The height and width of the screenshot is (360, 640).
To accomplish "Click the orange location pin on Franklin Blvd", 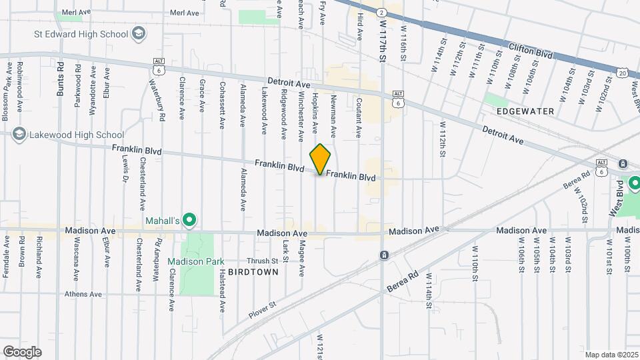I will pos(320,159).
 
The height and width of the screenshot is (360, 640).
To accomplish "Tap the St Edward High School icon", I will pos(139,33).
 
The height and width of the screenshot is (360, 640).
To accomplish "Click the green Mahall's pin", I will pos(189,219).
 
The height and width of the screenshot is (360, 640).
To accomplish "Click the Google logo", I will pos(22,351).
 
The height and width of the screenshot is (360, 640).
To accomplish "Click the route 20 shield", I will pos(621,72).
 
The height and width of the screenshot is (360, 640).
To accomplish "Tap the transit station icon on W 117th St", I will pos(384,255).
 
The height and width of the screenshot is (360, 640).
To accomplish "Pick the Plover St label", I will pos(263,307).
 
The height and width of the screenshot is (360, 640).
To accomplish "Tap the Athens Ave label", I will pos(83,294).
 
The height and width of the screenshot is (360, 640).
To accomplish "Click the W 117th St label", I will pos(384,40).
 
